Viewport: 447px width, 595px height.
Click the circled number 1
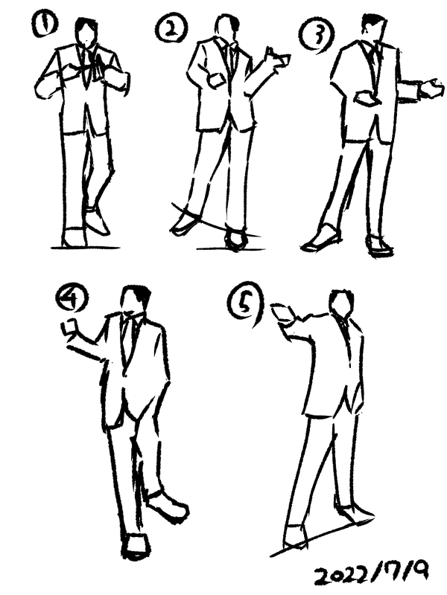(x=45, y=25)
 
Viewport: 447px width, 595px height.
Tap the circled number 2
(x=171, y=30)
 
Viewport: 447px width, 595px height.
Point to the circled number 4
(x=72, y=300)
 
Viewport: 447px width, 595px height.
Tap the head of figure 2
(x=227, y=28)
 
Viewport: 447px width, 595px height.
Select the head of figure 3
(x=372, y=29)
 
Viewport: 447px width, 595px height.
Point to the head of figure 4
(x=134, y=300)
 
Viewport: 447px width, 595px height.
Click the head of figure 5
(x=342, y=303)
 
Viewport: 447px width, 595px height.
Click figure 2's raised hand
(x=279, y=59)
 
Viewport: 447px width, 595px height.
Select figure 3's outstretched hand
(x=432, y=89)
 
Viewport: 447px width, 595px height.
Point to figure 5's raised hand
(x=283, y=313)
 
